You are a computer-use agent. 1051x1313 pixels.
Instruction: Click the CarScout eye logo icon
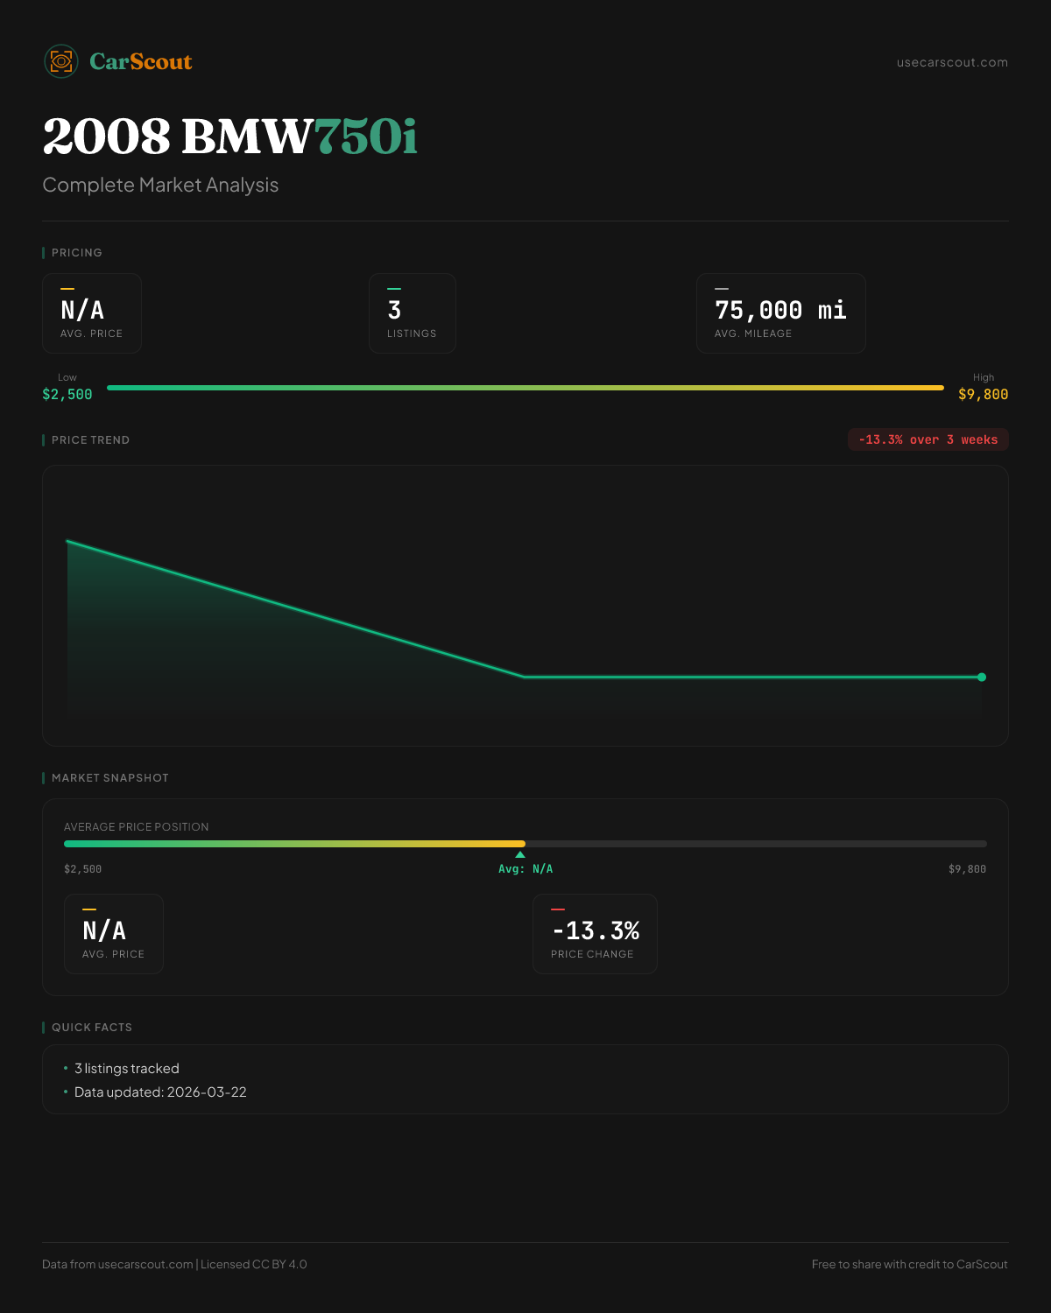tap(61, 61)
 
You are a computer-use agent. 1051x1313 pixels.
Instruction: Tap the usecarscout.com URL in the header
tap(952, 62)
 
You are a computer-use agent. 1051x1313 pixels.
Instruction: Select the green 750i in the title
tap(366, 137)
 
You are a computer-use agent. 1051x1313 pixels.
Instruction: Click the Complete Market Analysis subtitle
tap(160, 185)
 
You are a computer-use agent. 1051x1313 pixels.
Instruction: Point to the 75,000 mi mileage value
tap(780, 310)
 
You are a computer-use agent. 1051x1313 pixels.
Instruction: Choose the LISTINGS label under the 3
tap(412, 334)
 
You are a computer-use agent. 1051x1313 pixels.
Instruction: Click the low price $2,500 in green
tap(67, 394)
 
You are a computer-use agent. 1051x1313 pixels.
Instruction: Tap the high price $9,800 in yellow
tap(983, 394)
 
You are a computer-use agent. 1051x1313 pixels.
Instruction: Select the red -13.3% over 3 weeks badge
tap(928, 439)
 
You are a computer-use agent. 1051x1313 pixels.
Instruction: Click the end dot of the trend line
tap(982, 677)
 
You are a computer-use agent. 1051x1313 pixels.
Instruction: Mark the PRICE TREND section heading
tap(90, 440)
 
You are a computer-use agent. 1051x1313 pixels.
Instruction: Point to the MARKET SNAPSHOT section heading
tap(109, 778)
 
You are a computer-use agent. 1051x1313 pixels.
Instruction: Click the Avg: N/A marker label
tap(525, 869)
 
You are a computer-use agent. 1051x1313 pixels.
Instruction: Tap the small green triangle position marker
tap(520, 854)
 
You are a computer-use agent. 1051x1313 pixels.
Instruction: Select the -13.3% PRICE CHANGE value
tap(596, 930)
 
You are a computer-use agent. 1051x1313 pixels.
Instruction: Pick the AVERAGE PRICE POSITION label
tap(136, 827)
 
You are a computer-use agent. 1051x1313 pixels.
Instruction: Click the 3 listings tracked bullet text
tap(127, 1069)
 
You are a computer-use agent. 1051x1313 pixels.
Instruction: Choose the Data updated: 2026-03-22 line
tap(160, 1092)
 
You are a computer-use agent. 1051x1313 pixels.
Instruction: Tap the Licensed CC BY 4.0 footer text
tap(254, 1264)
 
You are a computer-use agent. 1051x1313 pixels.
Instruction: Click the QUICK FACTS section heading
tap(91, 1028)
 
